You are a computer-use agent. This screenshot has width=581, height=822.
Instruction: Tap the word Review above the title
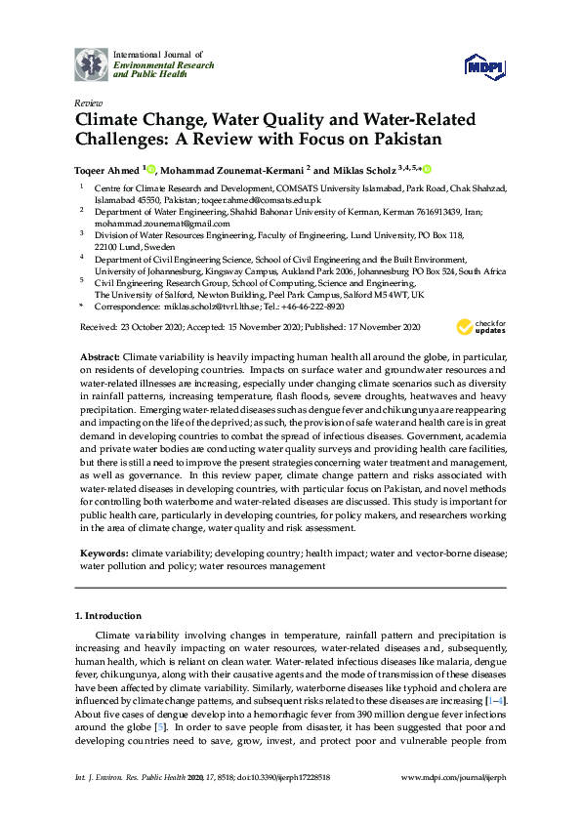(x=87, y=103)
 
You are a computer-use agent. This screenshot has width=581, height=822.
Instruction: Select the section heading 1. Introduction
(x=108, y=616)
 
